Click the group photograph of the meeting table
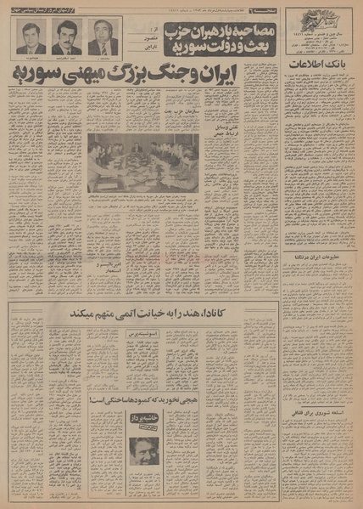coord(142,161)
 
